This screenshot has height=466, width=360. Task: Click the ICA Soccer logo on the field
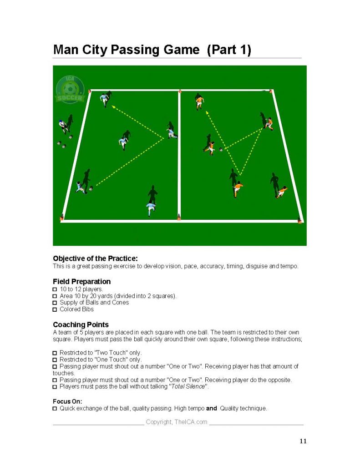pos(70,89)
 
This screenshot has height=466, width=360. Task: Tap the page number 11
pos(303,441)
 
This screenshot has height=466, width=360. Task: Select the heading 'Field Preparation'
pos(82,281)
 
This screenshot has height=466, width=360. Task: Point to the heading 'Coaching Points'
pos(81,324)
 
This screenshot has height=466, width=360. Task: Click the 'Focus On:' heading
pos(67,401)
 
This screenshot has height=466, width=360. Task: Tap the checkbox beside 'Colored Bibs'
pos(55,309)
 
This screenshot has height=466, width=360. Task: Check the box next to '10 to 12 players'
pos(55,289)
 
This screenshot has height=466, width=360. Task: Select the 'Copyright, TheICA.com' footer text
pos(176,422)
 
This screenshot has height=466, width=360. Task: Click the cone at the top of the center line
pos(180,91)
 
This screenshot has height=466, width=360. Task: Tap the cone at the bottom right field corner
pos(299,220)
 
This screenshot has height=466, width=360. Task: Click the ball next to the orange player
pos(221,150)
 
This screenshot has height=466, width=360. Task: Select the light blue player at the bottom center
pos(151,208)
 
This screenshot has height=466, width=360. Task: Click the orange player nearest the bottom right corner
pos(281,192)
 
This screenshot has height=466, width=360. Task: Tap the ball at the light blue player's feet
pos(91,188)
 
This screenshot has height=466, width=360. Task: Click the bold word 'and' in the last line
pos(211,408)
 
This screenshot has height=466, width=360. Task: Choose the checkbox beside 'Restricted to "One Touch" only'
pos(55,360)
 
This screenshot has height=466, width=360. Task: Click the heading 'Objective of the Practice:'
pos(96,258)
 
